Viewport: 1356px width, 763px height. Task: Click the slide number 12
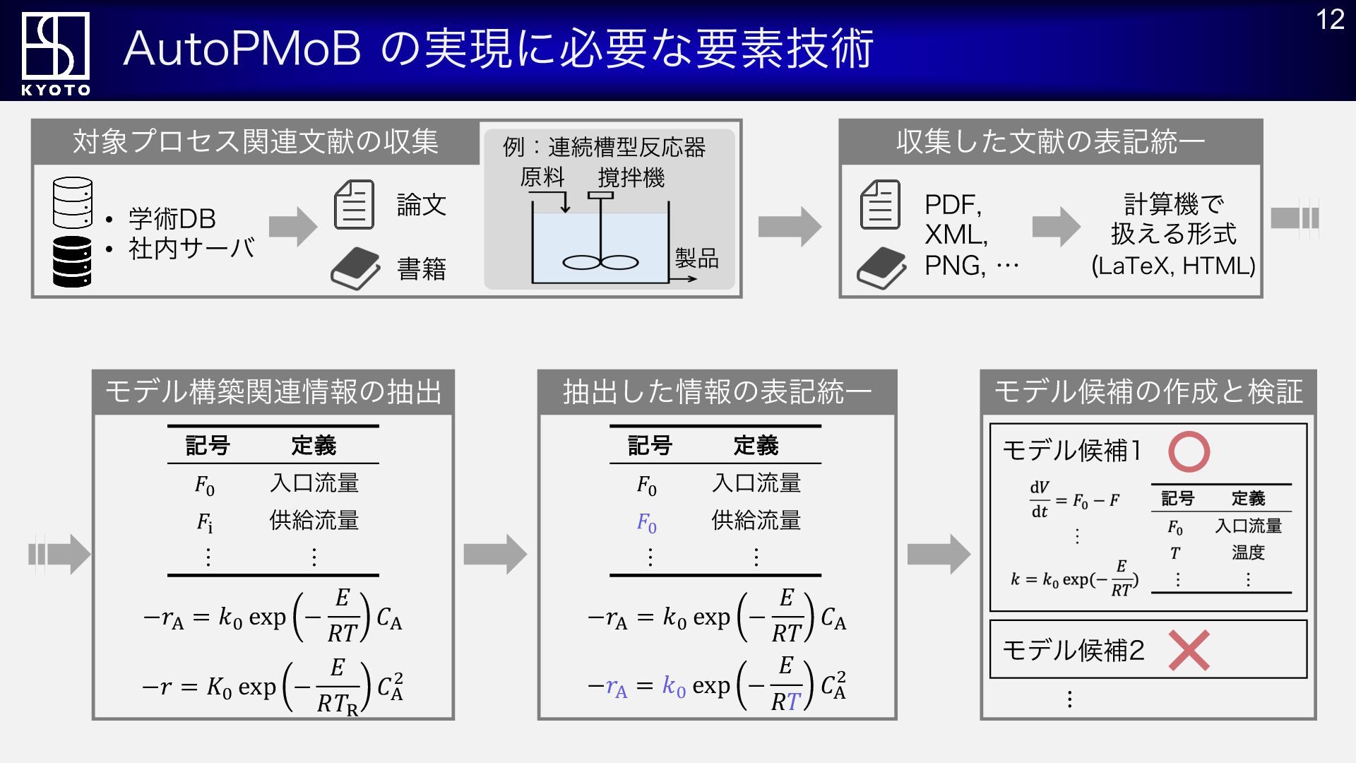(1330, 20)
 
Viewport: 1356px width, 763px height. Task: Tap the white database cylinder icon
(72, 203)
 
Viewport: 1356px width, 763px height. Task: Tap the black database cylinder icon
(72, 261)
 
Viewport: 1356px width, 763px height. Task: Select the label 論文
(422, 205)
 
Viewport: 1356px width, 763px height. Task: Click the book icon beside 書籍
(356, 268)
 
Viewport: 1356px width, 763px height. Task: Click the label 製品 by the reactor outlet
(696, 258)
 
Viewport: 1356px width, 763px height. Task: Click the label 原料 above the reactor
(542, 177)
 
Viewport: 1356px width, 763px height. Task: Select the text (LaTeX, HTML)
(1173, 266)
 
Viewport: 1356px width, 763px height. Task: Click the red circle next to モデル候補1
(1189, 451)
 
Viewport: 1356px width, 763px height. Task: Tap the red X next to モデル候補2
(1189, 650)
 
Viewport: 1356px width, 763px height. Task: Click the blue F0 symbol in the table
(647, 523)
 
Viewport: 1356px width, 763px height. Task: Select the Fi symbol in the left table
(205, 523)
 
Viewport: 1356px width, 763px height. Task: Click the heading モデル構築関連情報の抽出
(273, 391)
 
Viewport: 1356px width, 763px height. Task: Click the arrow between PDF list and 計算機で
(1057, 227)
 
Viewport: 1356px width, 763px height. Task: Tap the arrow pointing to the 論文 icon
(294, 227)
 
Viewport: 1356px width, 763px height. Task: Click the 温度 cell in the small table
(1248, 552)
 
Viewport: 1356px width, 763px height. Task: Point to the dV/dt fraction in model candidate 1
(1040, 499)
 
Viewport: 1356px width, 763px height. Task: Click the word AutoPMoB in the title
(242, 49)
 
